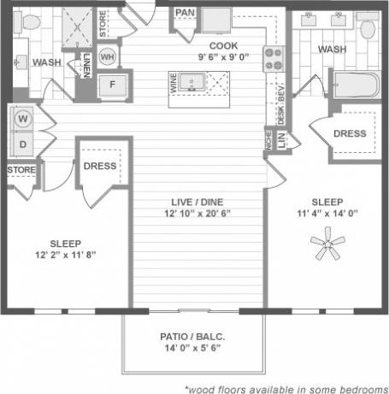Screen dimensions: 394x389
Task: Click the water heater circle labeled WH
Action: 109,56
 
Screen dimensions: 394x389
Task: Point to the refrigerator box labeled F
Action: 111,85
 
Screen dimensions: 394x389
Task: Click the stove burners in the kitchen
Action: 273,58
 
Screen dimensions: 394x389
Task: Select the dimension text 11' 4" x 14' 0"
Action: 327,214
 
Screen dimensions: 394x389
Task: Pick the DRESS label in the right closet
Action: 350,133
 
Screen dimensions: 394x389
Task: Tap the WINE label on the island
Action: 175,84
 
